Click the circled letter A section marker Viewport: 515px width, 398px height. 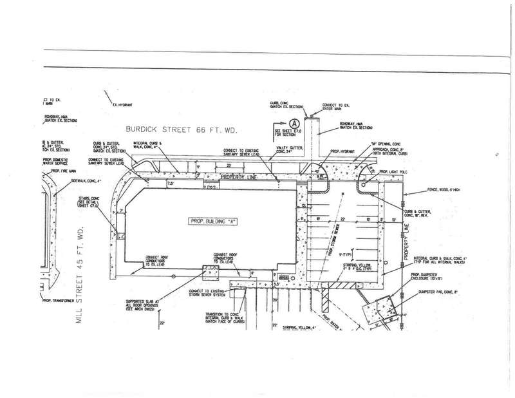click(x=294, y=122)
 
